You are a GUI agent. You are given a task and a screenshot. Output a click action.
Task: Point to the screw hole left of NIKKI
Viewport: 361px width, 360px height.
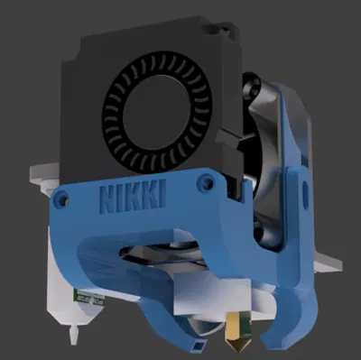click(x=62, y=197)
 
